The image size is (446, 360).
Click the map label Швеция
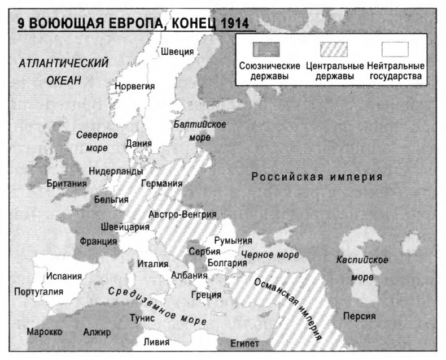pos(177,51)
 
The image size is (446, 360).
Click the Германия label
pos(161,184)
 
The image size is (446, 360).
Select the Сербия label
pos(200,252)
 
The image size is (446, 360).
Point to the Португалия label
pos(38,292)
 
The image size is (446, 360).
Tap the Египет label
pos(246,344)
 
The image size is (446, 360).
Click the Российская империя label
pos(317,176)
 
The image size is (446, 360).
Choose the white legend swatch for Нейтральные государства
pos(395,50)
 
